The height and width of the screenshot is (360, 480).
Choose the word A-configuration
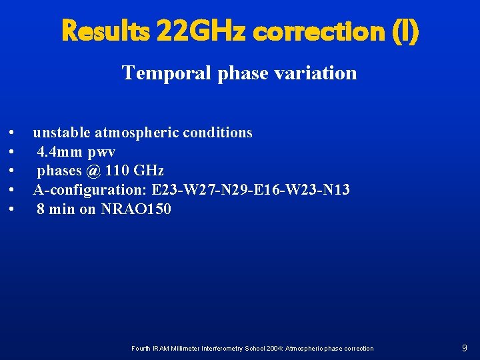pyautogui.click(x=90, y=190)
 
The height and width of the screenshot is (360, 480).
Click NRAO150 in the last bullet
pyautogui.click(x=136, y=209)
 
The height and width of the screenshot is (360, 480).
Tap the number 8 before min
pyautogui.click(x=41, y=209)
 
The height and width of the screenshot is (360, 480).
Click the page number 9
pyautogui.click(x=464, y=348)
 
